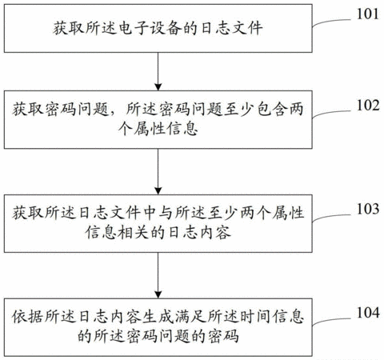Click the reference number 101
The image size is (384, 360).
(x=368, y=14)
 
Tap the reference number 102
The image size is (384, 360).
(x=368, y=106)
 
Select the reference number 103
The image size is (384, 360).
(x=368, y=209)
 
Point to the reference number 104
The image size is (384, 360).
(x=368, y=313)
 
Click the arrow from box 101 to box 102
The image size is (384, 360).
(x=158, y=71)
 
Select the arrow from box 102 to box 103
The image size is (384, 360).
(x=158, y=171)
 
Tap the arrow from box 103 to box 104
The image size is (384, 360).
(x=158, y=275)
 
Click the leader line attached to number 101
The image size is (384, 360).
(x=331, y=22)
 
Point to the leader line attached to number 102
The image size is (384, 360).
(x=331, y=113)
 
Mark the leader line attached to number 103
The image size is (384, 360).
(x=331, y=217)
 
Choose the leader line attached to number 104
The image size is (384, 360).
(x=331, y=321)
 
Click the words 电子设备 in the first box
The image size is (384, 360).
(x=150, y=28)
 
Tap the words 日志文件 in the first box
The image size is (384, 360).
(x=231, y=28)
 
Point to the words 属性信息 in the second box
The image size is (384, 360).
(x=166, y=129)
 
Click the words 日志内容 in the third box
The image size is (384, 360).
(x=199, y=233)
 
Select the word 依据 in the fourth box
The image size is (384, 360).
(x=28, y=317)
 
